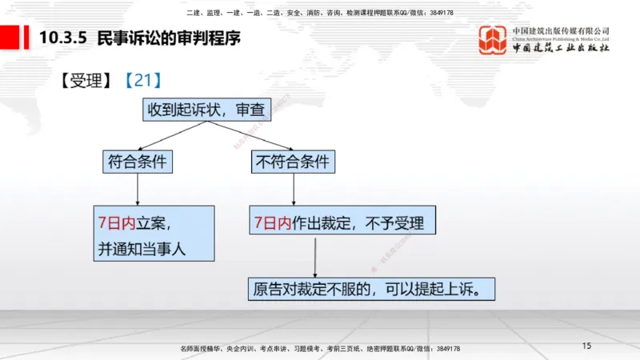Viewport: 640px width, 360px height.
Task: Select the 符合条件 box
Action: point(137,161)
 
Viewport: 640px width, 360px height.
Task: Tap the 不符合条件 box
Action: point(292,161)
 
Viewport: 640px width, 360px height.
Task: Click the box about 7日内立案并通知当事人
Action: point(154,233)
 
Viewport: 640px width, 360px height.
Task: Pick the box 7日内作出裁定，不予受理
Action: point(342,222)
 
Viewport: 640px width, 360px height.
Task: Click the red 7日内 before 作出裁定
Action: point(272,222)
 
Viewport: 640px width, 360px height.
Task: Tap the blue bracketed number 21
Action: point(143,80)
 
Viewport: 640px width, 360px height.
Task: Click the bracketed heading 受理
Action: point(86,80)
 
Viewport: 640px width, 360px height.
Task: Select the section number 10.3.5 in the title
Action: point(62,37)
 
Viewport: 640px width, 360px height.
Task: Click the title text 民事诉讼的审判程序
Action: point(168,37)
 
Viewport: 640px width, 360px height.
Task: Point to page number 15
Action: point(586,346)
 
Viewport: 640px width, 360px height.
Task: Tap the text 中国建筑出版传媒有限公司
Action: point(561,30)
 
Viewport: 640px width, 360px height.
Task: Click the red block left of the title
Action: point(10,37)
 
